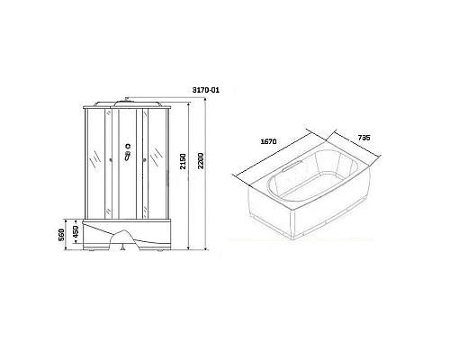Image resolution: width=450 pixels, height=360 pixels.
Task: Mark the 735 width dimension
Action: [x=363, y=137]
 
